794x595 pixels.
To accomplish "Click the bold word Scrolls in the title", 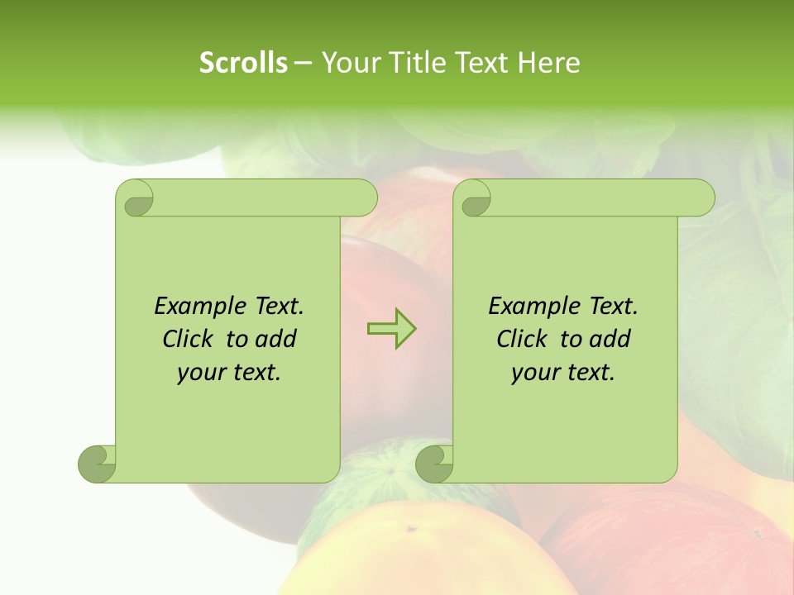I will tap(243, 63).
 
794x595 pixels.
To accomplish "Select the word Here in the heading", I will tap(549, 63).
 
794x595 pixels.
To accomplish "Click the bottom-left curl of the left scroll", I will tap(97, 464).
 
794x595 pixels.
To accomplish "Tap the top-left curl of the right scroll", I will tap(475, 199).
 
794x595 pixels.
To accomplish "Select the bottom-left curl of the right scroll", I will tap(434, 464).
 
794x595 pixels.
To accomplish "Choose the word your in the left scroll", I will tap(199, 373).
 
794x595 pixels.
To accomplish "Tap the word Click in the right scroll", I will tap(522, 340).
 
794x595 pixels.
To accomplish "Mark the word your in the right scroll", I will tap(533, 373).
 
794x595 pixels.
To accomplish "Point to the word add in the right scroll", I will tap(611, 340).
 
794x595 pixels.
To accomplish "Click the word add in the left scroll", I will tap(277, 340).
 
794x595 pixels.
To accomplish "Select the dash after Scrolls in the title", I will tap(304, 63).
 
